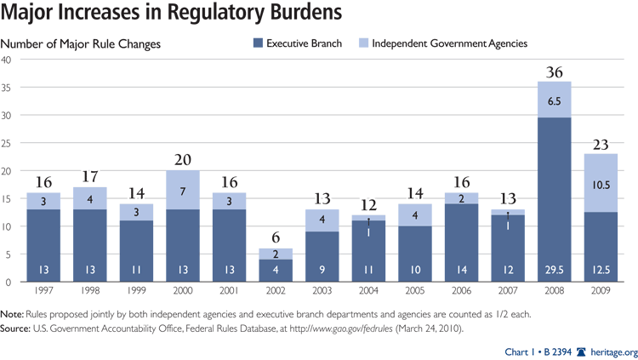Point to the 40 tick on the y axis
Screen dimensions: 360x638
point(7,60)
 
